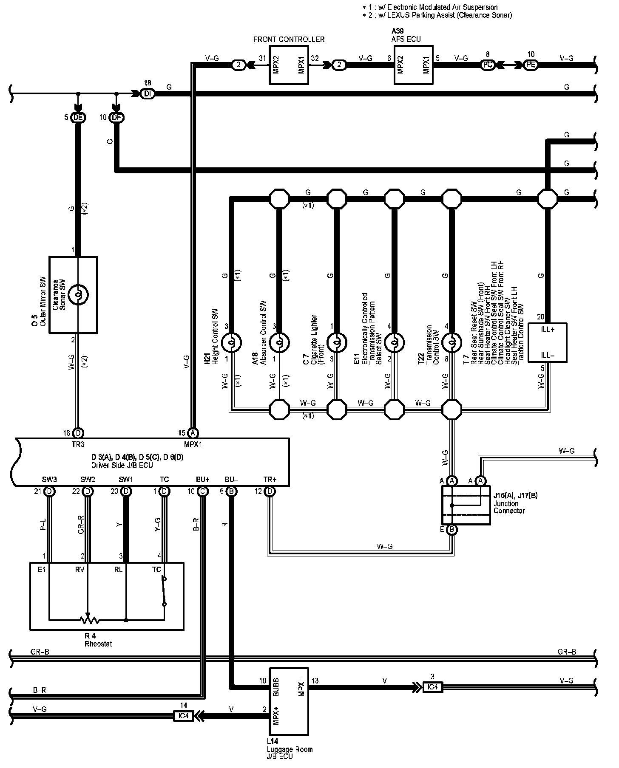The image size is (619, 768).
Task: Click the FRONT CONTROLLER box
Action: [289, 65]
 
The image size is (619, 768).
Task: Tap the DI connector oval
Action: [148, 94]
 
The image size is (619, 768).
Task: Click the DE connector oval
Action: [78, 118]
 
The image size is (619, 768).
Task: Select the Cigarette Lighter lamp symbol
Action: [336, 342]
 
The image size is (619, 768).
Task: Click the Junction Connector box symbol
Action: [466, 505]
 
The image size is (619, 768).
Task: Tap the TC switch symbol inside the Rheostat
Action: [164, 591]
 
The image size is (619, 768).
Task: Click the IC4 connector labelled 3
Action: [432, 687]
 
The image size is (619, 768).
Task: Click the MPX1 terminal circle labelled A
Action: [193, 433]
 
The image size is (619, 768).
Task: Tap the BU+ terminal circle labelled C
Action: [203, 491]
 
